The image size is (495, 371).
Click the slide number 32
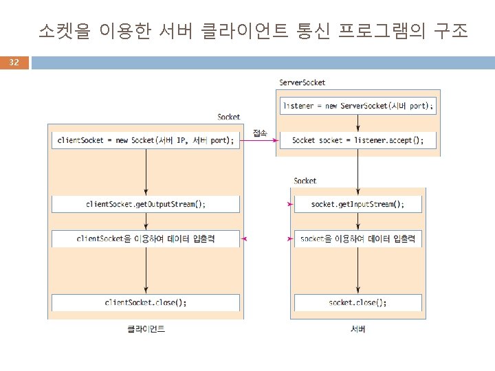point(14,63)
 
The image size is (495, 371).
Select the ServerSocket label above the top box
point(302,82)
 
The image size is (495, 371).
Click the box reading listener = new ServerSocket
point(357,106)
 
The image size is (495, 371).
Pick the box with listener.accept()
point(357,140)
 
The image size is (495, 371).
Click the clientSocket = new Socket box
point(145,140)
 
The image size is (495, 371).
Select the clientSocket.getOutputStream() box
point(145,204)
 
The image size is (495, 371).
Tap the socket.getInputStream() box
point(357,204)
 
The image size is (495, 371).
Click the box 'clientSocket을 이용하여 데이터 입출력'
point(145,239)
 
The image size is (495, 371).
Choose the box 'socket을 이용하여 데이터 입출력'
point(357,239)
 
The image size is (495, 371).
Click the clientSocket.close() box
point(145,302)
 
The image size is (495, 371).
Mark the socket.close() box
point(357,302)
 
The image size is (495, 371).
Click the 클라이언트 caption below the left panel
point(146,329)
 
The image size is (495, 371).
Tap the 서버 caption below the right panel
point(357,329)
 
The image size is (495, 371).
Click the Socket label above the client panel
point(228,117)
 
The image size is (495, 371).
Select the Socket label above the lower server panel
point(305,181)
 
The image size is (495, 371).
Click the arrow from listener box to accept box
point(357,123)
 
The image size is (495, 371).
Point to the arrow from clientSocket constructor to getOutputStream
point(145,172)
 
